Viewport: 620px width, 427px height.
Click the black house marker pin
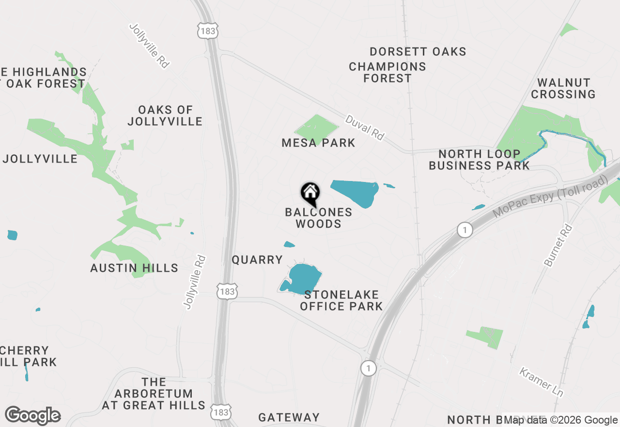tap(310, 193)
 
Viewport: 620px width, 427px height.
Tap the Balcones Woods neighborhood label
tap(318, 218)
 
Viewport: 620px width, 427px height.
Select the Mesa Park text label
tap(318, 143)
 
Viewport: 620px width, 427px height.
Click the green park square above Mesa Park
tap(316, 128)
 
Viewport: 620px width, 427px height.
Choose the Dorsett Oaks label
tap(418, 51)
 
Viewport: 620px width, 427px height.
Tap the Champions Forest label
tap(387, 72)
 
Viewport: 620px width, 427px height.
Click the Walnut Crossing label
tap(563, 88)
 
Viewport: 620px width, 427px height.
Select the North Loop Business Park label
tap(480, 160)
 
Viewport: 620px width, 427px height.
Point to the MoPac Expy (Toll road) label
tap(550, 197)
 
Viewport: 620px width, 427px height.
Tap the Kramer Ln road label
tap(541, 382)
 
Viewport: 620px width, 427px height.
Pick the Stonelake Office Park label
tap(341, 300)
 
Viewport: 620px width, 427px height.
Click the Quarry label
tap(257, 260)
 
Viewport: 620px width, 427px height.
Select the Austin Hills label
tap(134, 268)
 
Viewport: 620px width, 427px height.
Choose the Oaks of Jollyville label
tap(165, 115)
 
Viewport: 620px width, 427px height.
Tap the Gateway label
tap(289, 417)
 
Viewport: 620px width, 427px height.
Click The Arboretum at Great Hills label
tap(154, 394)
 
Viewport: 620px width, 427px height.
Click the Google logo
tap(33, 416)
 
